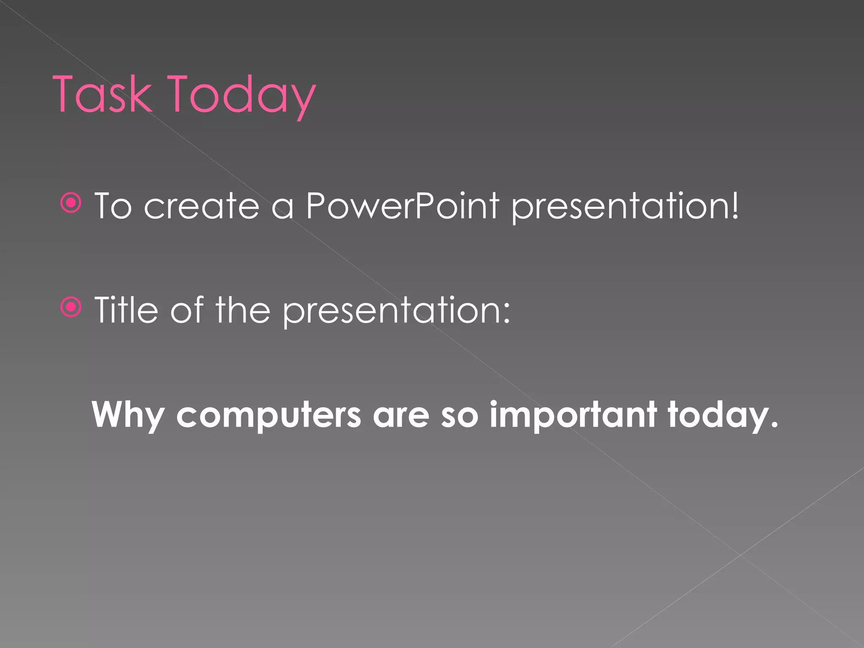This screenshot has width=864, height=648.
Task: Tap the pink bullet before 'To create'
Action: [x=71, y=204]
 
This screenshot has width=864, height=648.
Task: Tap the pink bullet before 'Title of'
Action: [x=71, y=307]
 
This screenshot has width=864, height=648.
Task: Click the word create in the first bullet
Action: [x=201, y=206]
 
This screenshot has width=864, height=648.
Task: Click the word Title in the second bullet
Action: [x=126, y=310]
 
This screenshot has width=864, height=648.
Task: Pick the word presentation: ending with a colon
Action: [x=397, y=311]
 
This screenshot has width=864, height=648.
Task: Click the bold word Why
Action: [x=128, y=415]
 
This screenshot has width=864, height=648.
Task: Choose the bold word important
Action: [x=573, y=415]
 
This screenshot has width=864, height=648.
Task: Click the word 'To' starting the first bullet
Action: [x=113, y=206]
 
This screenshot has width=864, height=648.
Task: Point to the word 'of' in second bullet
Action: [x=187, y=310]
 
